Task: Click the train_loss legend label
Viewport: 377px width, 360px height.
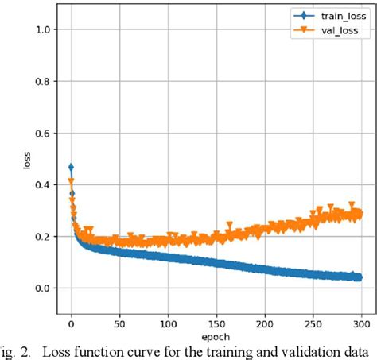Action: [336, 15]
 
